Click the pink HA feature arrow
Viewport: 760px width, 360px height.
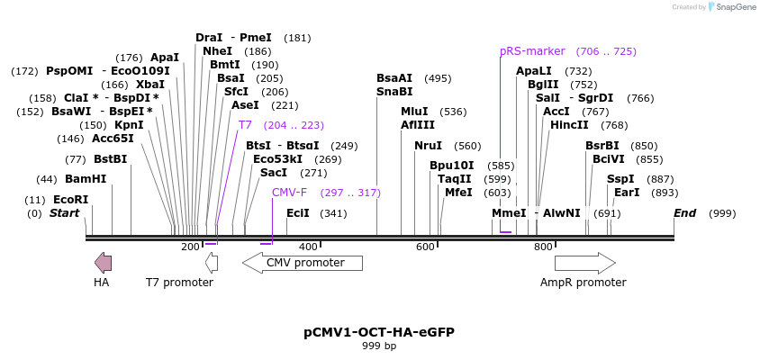(x=104, y=263)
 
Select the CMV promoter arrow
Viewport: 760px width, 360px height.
(x=303, y=263)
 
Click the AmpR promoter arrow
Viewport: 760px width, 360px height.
(x=584, y=263)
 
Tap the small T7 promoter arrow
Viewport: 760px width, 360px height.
(x=212, y=263)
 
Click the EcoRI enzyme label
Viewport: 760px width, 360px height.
(x=71, y=200)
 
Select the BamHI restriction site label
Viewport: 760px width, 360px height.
(x=86, y=179)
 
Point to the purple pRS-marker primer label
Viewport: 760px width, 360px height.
(x=532, y=51)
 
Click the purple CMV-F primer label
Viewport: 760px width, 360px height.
(x=289, y=193)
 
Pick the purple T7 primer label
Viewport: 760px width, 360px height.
(x=245, y=125)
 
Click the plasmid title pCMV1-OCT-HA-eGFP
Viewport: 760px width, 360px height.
(x=379, y=332)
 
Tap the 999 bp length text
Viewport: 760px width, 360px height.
(x=379, y=346)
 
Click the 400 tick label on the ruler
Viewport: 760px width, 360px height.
(x=308, y=247)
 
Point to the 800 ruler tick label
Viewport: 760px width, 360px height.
(x=543, y=247)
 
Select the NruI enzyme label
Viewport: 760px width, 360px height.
(x=428, y=146)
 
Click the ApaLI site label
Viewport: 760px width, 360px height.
(x=534, y=71)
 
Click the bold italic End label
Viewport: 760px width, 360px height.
(x=685, y=213)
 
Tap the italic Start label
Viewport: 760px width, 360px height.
(x=64, y=213)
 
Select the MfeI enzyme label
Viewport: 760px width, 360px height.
(x=458, y=193)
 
